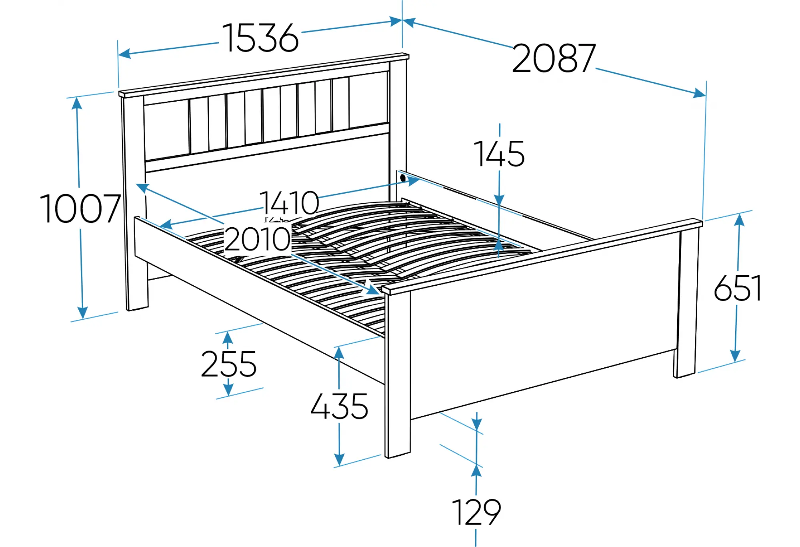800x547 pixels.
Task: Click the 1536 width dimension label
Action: click(x=260, y=38)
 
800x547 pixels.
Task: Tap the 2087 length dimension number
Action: click(x=554, y=58)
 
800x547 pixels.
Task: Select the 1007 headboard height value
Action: click(x=80, y=208)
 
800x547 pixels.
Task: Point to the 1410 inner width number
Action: click(x=289, y=202)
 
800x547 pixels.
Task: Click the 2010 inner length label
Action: click(x=257, y=239)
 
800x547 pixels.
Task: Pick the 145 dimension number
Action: click(x=499, y=154)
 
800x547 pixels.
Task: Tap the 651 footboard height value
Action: click(x=738, y=288)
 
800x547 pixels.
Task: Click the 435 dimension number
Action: click(x=339, y=406)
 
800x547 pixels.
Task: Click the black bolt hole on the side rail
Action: click(x=403, y=177)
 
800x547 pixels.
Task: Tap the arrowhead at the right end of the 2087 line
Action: click(x=700, y=93)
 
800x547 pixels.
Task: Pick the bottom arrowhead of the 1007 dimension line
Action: click(x=82, y=313)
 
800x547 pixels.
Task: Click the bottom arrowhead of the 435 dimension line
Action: click(x=339, y=460)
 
